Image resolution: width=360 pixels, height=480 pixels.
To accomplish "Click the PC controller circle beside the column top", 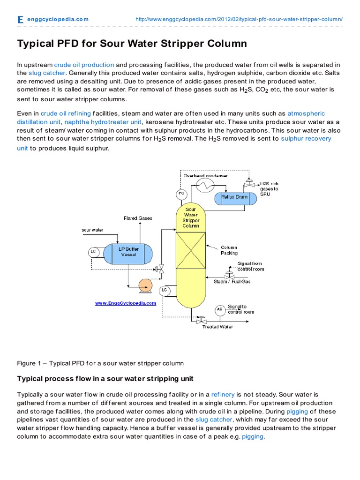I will pyautogui.click(x=181, y=194).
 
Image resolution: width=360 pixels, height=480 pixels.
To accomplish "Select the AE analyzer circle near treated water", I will pyautogui.click(x=219, y=310).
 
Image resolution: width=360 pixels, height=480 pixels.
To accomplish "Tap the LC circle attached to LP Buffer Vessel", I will pyautogui.click(x=93, y=252).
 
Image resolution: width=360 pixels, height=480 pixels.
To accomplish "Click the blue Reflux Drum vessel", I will pyautogui.click(x=235, y=197).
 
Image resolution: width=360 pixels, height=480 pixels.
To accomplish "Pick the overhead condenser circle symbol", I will pyautogui.click(x=204, y=185).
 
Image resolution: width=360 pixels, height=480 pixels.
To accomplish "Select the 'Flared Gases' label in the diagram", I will pyautogui.click(x=138, y=218).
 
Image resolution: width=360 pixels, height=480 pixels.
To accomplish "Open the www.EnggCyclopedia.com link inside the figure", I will pyautogui.click(x=126, y=303).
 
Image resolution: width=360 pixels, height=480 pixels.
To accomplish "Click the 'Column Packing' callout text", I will pyautogui.click(x=229, y=250).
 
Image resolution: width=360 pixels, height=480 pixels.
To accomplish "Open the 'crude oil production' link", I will pyautogui.click(x=84, y=65).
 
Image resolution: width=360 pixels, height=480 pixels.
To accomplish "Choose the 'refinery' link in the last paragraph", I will pyautogui.click(x=222, y=395).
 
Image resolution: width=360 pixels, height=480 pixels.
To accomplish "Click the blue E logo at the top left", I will pyautogui.click(x=20, y=19).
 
